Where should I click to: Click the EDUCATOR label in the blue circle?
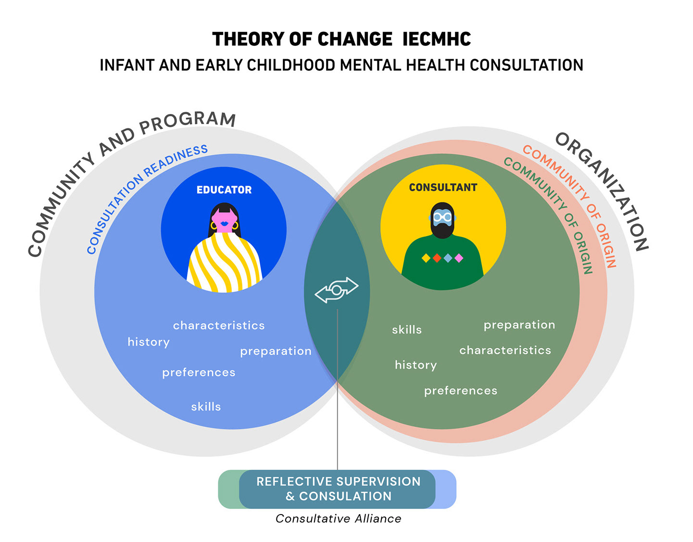[x=224, y=190]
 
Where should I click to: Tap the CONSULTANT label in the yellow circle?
[x=443, y=188]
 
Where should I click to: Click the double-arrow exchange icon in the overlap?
[x=337, y=290]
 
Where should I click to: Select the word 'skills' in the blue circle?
[x=206, y=407]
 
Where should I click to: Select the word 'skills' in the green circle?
[x=407, y=330]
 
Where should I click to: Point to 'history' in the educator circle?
[x=149, y=342]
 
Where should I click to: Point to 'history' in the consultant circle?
[x=416, y=365]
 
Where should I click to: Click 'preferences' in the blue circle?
[x=199, y=373]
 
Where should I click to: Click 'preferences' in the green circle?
[x=461, y=391]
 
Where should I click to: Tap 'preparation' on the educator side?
[x=276, y=352]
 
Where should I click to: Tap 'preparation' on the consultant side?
[x=519, y=325]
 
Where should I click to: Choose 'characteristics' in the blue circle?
[x=219, y=326]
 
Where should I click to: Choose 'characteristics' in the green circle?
[x=505, y=351]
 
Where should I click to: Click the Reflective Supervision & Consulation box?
[x=338, y=489]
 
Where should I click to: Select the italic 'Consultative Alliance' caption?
[x=338, y=518]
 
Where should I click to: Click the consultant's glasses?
[x=442, y=217]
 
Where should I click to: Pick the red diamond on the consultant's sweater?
[x=437, y=258]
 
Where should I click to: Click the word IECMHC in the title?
[x=437, y=39]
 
